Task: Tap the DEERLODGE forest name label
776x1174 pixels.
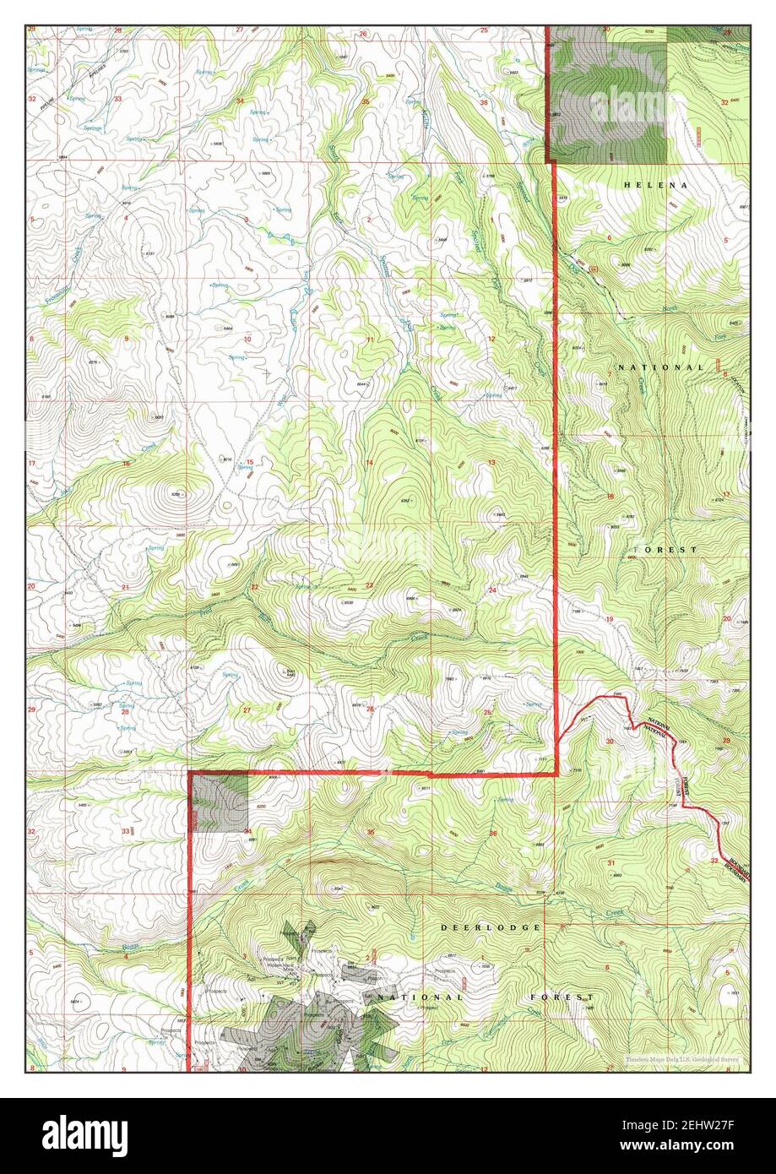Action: tap(490, 927)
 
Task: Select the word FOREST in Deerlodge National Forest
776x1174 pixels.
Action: tap(558, 997)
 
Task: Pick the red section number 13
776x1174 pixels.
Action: tap(491, 462)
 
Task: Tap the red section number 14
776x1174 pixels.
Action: tap(369, 463)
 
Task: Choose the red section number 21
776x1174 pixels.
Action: tap(125, 586)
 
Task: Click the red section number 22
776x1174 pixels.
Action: tap(253, 586)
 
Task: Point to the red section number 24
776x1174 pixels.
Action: tap(491, 590)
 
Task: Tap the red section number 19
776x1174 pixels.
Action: tap(609, 620)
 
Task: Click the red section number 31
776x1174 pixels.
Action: tap(610, 862)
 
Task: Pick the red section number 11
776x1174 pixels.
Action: tap(369, 340)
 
